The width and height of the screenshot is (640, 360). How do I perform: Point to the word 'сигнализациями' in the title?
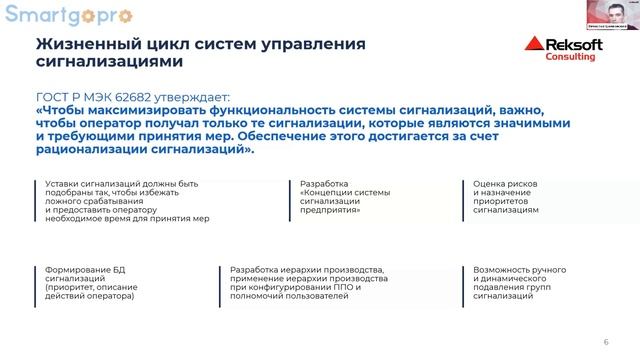pyautogui.click(x=109, y=62)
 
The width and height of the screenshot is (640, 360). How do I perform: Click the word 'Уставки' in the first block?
pyautogui.click(x=62, y=184)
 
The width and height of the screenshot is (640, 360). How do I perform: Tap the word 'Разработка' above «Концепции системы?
pyautogui.click(x=324, y=184)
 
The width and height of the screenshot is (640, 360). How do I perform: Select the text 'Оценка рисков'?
pyautogui.click(x=505, y=184)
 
